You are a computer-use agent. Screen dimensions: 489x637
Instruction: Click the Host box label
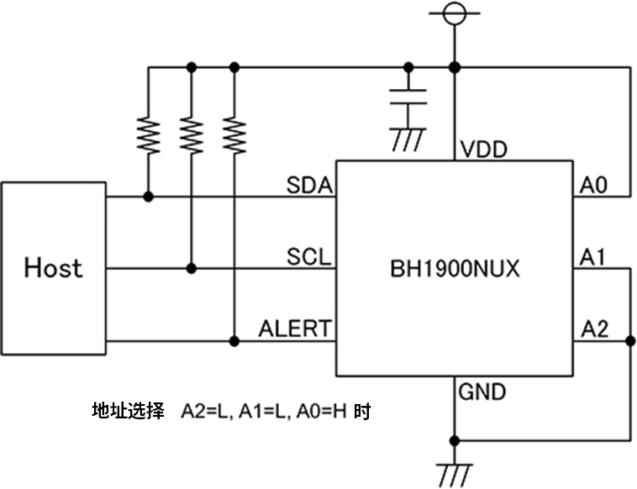53,268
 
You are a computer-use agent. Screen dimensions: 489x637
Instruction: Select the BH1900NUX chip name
455,270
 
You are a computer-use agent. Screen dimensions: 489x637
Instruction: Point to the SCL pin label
308,256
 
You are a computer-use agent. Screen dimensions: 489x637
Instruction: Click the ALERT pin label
294,329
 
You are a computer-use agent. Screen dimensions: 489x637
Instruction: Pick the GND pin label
482,392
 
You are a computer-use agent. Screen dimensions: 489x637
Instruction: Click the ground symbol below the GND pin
455,474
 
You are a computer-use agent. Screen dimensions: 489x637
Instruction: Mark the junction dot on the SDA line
149,197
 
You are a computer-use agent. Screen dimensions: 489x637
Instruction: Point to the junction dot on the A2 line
629,340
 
